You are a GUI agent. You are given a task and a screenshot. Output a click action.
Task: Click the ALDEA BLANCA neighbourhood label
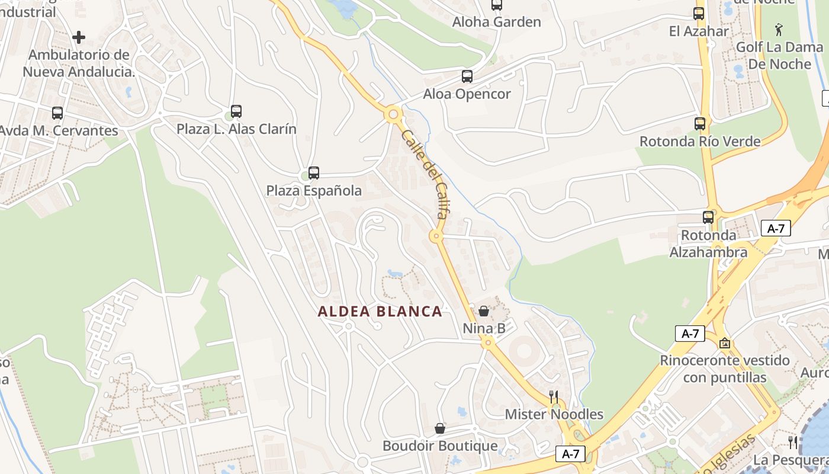380,312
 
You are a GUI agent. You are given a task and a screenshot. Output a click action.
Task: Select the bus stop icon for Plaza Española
314,173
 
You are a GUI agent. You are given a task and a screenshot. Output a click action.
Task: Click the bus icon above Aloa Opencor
467,76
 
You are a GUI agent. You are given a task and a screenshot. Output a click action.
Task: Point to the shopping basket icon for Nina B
484,311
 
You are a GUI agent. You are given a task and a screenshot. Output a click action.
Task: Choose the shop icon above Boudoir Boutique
440,428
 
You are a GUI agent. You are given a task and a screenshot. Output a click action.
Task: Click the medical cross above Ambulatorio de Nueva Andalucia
79,38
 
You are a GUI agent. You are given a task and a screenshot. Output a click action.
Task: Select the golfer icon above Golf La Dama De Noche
779,30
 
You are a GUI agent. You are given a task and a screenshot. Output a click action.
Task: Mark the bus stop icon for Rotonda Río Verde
700,124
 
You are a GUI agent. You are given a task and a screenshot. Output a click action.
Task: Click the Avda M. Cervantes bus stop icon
57,113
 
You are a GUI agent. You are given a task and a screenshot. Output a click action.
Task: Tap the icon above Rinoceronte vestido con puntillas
725,343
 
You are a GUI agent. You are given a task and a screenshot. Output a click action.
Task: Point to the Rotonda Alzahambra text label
708,244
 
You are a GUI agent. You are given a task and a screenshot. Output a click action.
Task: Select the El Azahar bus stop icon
699,14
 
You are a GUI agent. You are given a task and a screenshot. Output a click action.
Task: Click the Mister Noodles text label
554,414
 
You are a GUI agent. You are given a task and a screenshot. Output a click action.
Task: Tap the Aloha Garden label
496,22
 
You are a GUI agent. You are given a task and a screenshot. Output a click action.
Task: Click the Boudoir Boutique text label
440,446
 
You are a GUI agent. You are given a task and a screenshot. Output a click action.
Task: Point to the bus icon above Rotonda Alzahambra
708,217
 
